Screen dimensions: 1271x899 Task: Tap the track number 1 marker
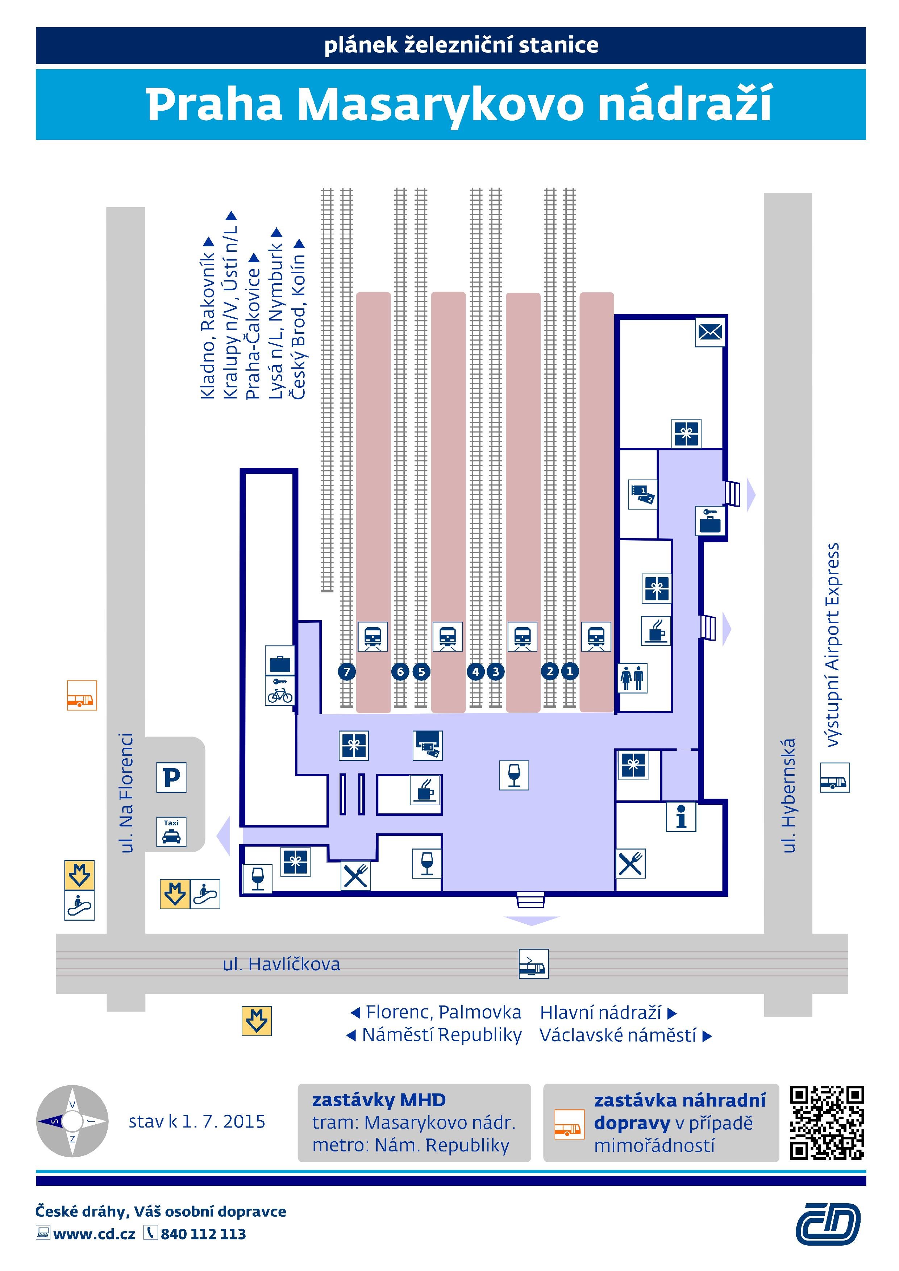click(570, 671)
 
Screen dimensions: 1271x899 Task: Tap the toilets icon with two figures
click(632, 678)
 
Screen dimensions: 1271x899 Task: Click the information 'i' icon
click(681, 817)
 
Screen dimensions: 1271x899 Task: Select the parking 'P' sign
click(171, 777)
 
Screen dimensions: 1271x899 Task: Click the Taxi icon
click(171, 832)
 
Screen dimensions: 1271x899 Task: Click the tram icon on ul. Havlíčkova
click(533, 964)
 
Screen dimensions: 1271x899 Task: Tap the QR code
click(827, 1123)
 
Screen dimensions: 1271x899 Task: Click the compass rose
click(72, 1121)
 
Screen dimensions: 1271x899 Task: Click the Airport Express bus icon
click(834, 777)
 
